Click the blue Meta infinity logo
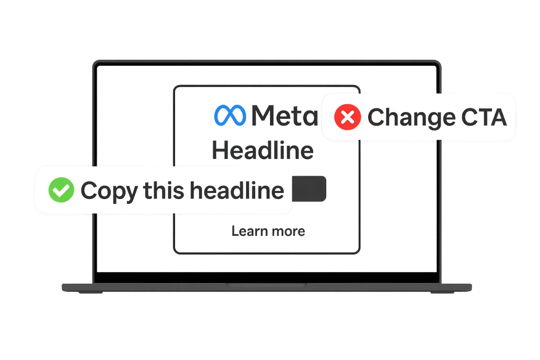(x=230, y=115)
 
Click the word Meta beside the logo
(x=285, y=116)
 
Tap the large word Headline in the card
(x=263, y=150)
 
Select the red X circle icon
(x=347, y=117)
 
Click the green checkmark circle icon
(x=61, y=190)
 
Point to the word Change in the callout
(x=412, y=117)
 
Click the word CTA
(x=484, y=117)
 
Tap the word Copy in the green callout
(x=109, y=191)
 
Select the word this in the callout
(x=164, y=190)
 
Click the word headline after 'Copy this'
(x=237, y=190)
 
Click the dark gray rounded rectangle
(x=309, y=189)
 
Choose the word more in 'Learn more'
(x=288, y=232)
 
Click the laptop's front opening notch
(x=266, y=285)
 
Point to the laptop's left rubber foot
(x=91, y=292)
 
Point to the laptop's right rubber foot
(x=442, y=292)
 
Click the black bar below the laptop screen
(x=267, y=278)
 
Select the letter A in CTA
(x=498, y=117)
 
